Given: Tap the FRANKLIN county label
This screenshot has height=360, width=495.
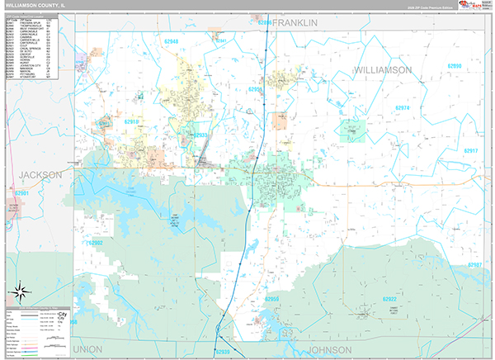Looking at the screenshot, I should (x=295, y=24).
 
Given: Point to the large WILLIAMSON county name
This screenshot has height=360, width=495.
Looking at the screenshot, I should (x=383, y=70).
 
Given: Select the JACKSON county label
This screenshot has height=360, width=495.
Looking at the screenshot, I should (x=40, y=175).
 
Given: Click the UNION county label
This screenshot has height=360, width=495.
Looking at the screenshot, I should (x=87, y=349).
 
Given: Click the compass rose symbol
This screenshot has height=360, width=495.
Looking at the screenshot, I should (x=21, y=291).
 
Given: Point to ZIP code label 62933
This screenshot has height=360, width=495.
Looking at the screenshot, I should (x=200, y=135).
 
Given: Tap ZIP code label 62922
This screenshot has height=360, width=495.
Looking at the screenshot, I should (x=389, y=298).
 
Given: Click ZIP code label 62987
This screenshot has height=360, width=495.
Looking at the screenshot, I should (x=475, y=265).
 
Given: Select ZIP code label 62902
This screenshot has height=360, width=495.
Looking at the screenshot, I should (x=95, y=244).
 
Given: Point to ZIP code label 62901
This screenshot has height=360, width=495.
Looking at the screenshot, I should (x=22, y=194).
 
